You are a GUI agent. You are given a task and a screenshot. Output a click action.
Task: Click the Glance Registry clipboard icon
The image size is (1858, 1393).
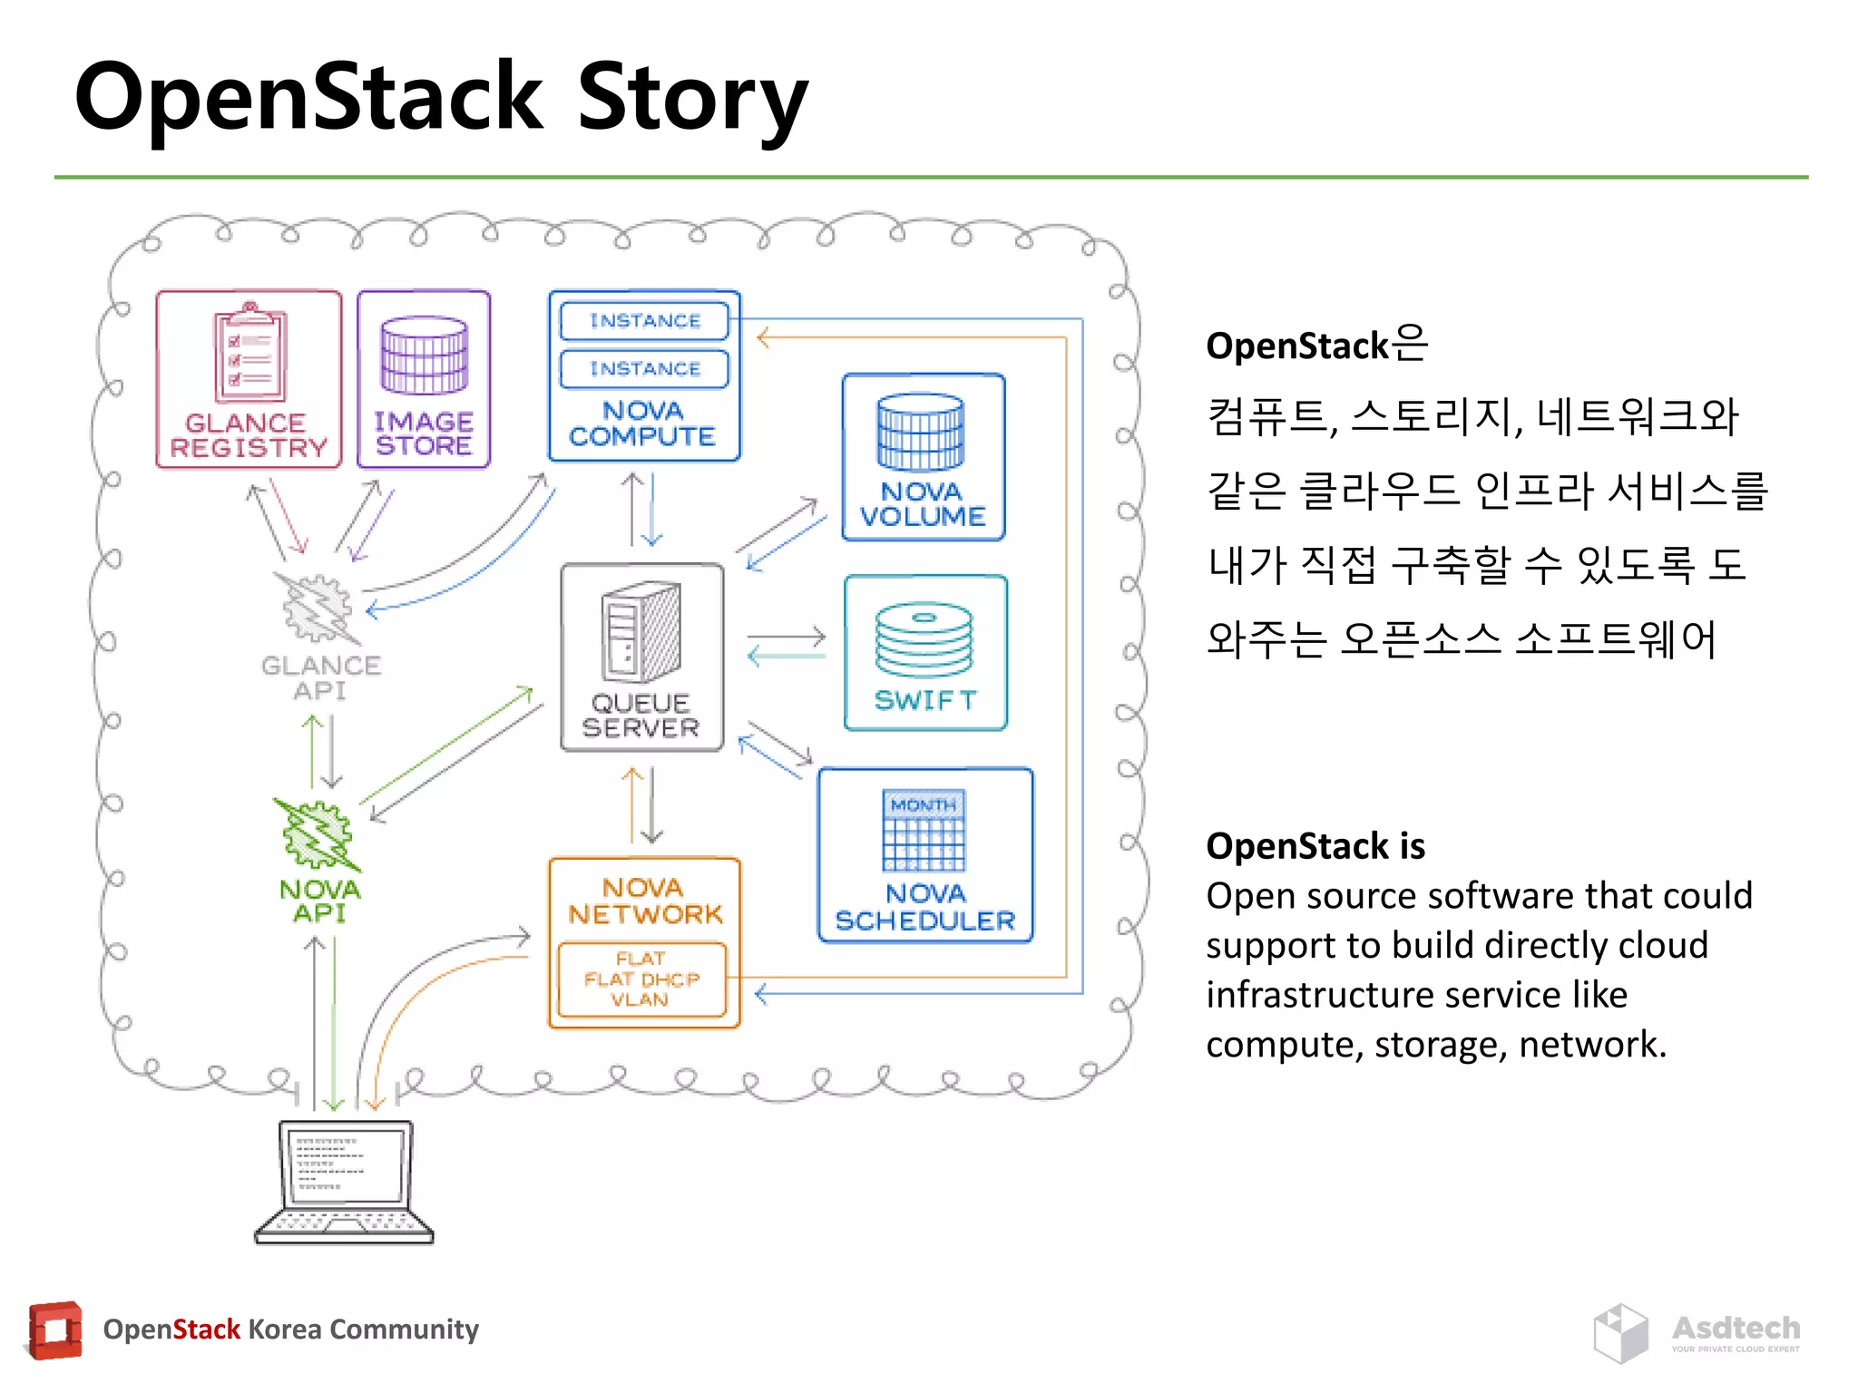tap(249, 354)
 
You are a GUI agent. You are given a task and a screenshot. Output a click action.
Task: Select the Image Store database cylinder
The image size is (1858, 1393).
tap(424, 355)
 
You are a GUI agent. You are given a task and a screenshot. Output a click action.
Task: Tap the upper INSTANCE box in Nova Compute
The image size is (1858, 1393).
tap(645, 320)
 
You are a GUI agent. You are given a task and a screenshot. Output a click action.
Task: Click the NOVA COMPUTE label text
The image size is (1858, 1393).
tap(642, 424)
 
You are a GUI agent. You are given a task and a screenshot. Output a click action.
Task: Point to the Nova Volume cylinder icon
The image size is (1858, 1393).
tap(920, 432)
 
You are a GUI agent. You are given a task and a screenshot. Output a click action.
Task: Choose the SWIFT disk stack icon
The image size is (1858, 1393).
tap(924, 639)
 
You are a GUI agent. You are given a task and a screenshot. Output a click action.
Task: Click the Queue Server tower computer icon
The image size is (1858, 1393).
tap(641, 632)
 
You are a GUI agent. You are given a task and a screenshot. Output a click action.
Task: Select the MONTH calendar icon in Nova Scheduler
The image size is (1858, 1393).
tap(924, 830)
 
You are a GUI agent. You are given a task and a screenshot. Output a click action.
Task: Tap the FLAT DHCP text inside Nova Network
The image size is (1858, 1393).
tap(641, 979)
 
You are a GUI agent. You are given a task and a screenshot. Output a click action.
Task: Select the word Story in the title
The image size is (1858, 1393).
tap(691, 98)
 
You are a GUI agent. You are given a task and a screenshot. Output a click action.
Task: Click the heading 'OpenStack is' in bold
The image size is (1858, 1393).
tap(1315, 846)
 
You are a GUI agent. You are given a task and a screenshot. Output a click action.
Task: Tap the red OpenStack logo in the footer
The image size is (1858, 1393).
tap(55, 1330)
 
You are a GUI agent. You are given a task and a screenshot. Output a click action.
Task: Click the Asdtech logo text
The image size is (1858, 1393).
tap(1736, 1328)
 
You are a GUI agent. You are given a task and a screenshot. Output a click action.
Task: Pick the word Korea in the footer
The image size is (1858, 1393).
tap(283, 1330)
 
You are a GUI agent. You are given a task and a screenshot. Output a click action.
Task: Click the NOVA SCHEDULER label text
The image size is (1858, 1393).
tap(924, 908)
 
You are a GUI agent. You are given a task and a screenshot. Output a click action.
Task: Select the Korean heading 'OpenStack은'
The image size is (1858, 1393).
tap(1316, 346)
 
